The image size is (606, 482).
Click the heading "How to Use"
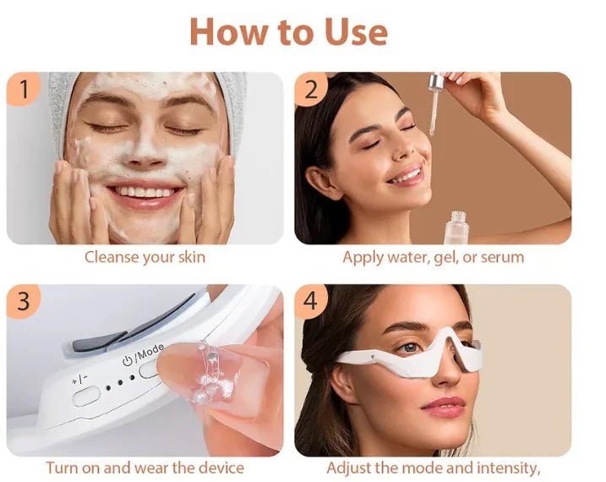288,32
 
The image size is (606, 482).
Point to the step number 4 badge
310,301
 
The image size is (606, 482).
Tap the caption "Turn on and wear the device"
145,467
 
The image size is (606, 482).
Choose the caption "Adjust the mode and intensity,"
433,467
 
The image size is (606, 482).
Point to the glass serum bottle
458,227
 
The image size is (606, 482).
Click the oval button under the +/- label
87,395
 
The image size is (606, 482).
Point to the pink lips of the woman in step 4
445,407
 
